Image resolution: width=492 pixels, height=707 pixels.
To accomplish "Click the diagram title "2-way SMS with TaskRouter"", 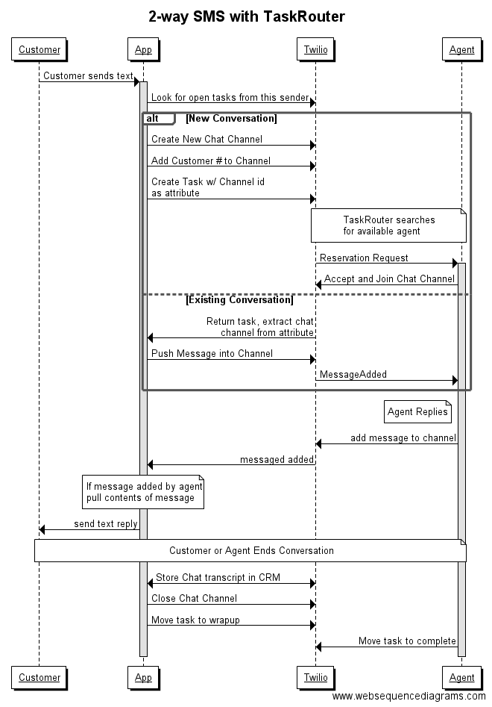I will pos(246,16).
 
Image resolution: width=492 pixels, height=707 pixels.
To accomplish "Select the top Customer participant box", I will pos(40,50).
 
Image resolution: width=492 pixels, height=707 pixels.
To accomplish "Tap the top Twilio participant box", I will pos(315,50).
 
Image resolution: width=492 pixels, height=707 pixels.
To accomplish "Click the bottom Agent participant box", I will pos(461,677).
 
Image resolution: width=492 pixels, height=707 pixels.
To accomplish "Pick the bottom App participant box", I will pos(142,677).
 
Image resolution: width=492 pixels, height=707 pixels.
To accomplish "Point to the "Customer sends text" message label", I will pos(88,75).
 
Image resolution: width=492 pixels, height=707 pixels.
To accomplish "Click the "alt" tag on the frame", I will pos(154,119).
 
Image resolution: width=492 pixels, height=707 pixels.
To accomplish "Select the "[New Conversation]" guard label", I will pos(231,119).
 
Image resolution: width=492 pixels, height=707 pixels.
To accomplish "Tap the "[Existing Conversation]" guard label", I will pos(239,300).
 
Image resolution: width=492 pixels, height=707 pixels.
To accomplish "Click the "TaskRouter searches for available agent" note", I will pos(388,225).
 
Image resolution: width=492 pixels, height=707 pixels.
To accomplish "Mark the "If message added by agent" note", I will pos(143,492).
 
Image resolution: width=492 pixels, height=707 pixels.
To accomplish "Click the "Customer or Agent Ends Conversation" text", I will pos(251,551).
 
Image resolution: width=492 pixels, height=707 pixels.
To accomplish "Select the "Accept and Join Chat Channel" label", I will pos(389,279).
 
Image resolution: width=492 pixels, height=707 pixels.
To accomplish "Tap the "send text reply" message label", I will pos(105,523).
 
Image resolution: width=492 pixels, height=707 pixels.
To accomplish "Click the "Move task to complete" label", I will pos(407,641).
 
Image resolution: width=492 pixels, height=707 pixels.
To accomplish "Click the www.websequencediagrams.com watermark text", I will pos(409,696).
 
